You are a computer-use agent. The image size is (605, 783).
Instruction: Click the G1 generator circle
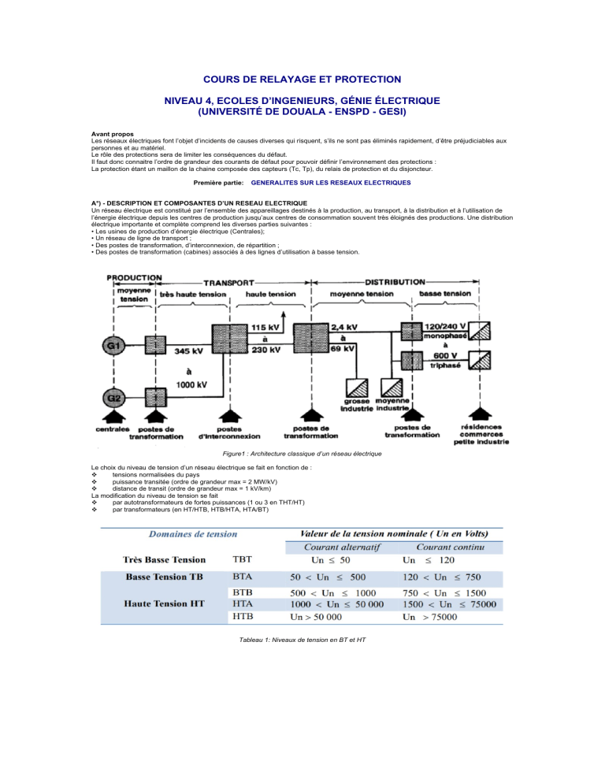[x=114, y=345]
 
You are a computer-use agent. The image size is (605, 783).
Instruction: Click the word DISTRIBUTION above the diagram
[x=395, y=282]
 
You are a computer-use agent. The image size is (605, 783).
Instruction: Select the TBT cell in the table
[x=244, y=560]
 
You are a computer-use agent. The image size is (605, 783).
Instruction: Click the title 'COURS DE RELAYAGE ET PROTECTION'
[x=302, y=79]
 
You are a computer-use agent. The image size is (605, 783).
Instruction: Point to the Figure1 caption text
[x=302, y=454]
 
